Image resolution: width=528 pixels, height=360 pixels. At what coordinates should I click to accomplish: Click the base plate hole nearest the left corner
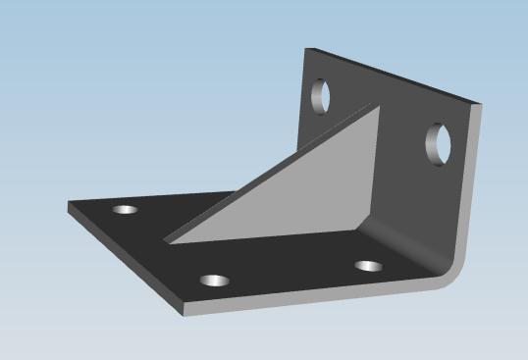[x=125, y=209]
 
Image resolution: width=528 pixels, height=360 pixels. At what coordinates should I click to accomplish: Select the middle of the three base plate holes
[x=215, y=281]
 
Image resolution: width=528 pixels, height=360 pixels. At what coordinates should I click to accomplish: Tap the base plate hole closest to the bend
[x=369, y=266]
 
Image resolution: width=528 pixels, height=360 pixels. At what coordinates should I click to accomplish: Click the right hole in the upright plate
[x=438, y=143]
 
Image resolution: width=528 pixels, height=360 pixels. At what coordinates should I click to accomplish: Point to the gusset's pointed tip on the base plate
[x=164, y=240]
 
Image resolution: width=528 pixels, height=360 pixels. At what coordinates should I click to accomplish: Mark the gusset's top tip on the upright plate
[x=373, y=106]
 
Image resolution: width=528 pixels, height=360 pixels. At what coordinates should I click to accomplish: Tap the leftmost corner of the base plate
[x=69, y=206]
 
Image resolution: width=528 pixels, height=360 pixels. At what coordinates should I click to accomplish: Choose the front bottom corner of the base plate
[x=184, y=313]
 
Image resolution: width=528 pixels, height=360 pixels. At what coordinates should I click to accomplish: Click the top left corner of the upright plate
[x=306, y=48]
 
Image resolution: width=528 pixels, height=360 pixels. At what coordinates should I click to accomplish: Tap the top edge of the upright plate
[x=393, y=74]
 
